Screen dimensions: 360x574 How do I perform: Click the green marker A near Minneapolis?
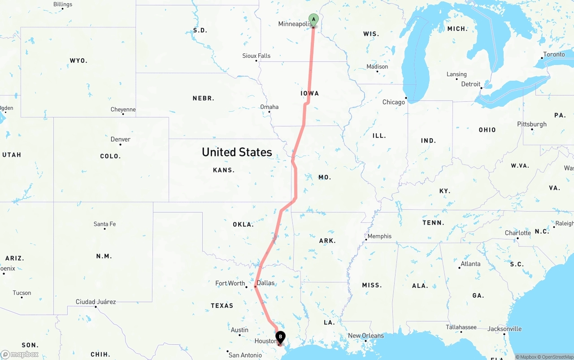point(313,20)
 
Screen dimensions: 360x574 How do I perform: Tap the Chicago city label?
point(393,102)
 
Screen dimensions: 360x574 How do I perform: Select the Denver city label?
point(121,139)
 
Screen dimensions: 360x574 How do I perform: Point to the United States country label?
point(237,152)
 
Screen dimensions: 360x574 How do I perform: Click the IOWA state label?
point(310,93)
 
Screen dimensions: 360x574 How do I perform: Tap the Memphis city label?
point(379,236)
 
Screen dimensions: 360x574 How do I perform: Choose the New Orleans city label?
point(366,336)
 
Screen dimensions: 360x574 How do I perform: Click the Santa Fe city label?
point(104,224)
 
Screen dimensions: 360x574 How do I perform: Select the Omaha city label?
point(270,107)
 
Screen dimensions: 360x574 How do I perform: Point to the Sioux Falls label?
point(257,56)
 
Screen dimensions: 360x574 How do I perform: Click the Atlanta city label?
point(470,264)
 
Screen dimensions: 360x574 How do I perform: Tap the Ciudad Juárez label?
point(96,302)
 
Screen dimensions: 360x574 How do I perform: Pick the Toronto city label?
point(554,55)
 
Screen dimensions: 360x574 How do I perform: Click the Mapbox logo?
point(20,354)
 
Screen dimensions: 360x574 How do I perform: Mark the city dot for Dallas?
point(255,286)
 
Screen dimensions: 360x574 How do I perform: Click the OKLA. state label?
point(243,224)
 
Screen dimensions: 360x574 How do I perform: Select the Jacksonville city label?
point(504,329)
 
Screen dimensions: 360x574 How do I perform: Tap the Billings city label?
point(63,4)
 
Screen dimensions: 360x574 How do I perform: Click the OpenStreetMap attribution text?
point(557,357)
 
